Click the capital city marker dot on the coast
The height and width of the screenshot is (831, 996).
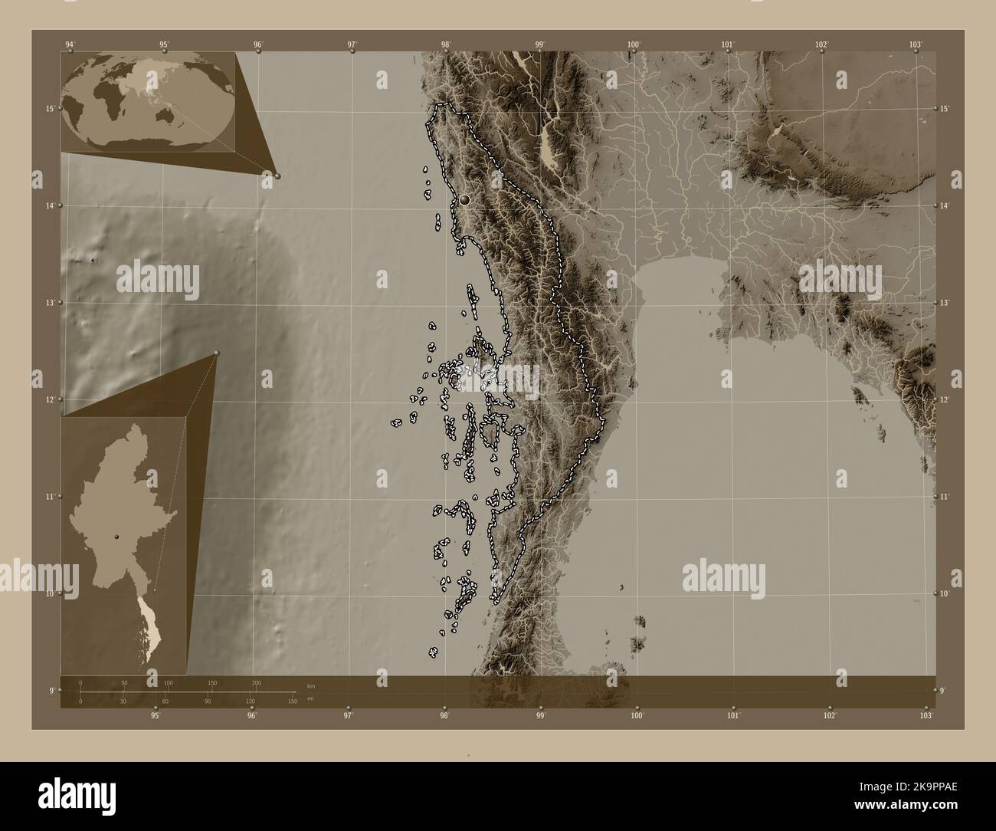coord(464,200)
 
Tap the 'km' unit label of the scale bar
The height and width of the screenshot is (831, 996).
coord(310,685)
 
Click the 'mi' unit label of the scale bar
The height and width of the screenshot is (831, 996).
coord(310,698)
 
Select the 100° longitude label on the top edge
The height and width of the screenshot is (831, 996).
coord(634,44)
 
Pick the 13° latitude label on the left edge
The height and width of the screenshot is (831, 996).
coord(50,303)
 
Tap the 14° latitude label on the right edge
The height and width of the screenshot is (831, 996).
coord(945,205)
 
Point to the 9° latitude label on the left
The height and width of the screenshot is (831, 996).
coord(51,691)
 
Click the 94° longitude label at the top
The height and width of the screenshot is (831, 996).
coord(70,44)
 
